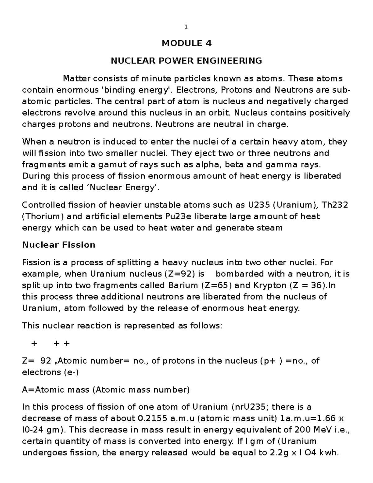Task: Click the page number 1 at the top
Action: point(186,27)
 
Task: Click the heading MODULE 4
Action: point(186,43)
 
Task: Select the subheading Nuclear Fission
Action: point(59,245)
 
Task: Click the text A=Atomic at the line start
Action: point(40,390)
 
